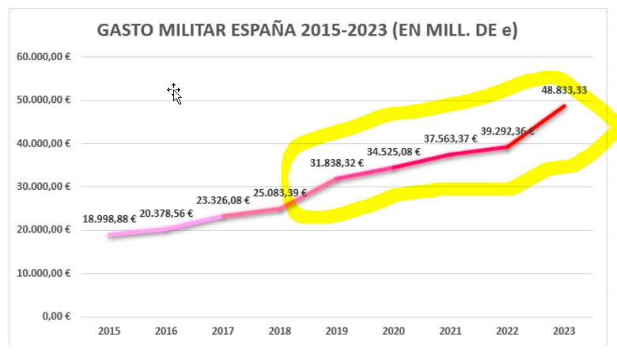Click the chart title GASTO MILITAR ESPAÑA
tap(307, 31)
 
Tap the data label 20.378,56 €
tap(166, 213)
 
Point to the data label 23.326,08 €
tap(223, 201)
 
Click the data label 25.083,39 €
tap(280, 193)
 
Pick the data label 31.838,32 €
tap(337, 163)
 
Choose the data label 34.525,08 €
tap(394, 151)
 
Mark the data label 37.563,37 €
tap(451, 138)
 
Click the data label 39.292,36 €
tap(508, 131)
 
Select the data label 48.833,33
tap(564, 90)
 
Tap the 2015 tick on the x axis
tap(109, 331)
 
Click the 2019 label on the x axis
tap(337, 331)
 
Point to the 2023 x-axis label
tap(565, 331)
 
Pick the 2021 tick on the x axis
tap(451, 331)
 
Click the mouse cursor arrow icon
tap(175, 93)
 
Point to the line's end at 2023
tap(564, 105)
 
